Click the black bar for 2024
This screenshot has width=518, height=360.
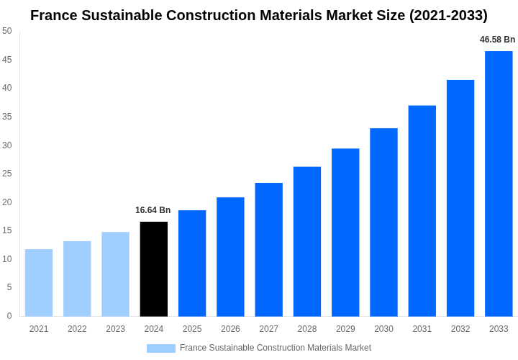[x=153, y=269]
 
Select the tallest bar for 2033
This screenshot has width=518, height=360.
[x=499, y=184]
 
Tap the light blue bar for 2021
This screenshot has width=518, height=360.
[x=39, y=283]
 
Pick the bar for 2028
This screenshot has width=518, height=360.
[x=307, y=241]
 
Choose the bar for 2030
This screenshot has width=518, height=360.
[x=383, y=222]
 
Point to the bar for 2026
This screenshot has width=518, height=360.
[x=230, y=257]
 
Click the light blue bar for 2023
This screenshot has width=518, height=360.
[x=115, y=274]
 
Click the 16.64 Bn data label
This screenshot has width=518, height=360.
[x=153, y=210]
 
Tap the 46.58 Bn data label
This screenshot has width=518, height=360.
[x=498, y=40]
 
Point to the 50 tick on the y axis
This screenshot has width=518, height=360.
[x=7, y=31]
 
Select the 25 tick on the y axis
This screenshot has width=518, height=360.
[x=7, y=174]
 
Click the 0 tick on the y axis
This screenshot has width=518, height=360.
[x=9, y=316]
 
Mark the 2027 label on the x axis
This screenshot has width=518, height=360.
[x=268, y=329]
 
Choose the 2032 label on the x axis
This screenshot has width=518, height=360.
[x=460, y=329]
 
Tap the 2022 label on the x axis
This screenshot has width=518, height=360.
[x=77, y=329]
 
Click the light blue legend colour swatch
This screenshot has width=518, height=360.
[x=161, y=348]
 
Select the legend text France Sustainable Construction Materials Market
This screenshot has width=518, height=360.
[x=276, y=348]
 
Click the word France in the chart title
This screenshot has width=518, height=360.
[x=55, y=15]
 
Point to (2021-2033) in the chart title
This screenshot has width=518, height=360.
[x=448, y=15]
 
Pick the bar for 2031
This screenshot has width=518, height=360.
[x=422, y=211]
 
